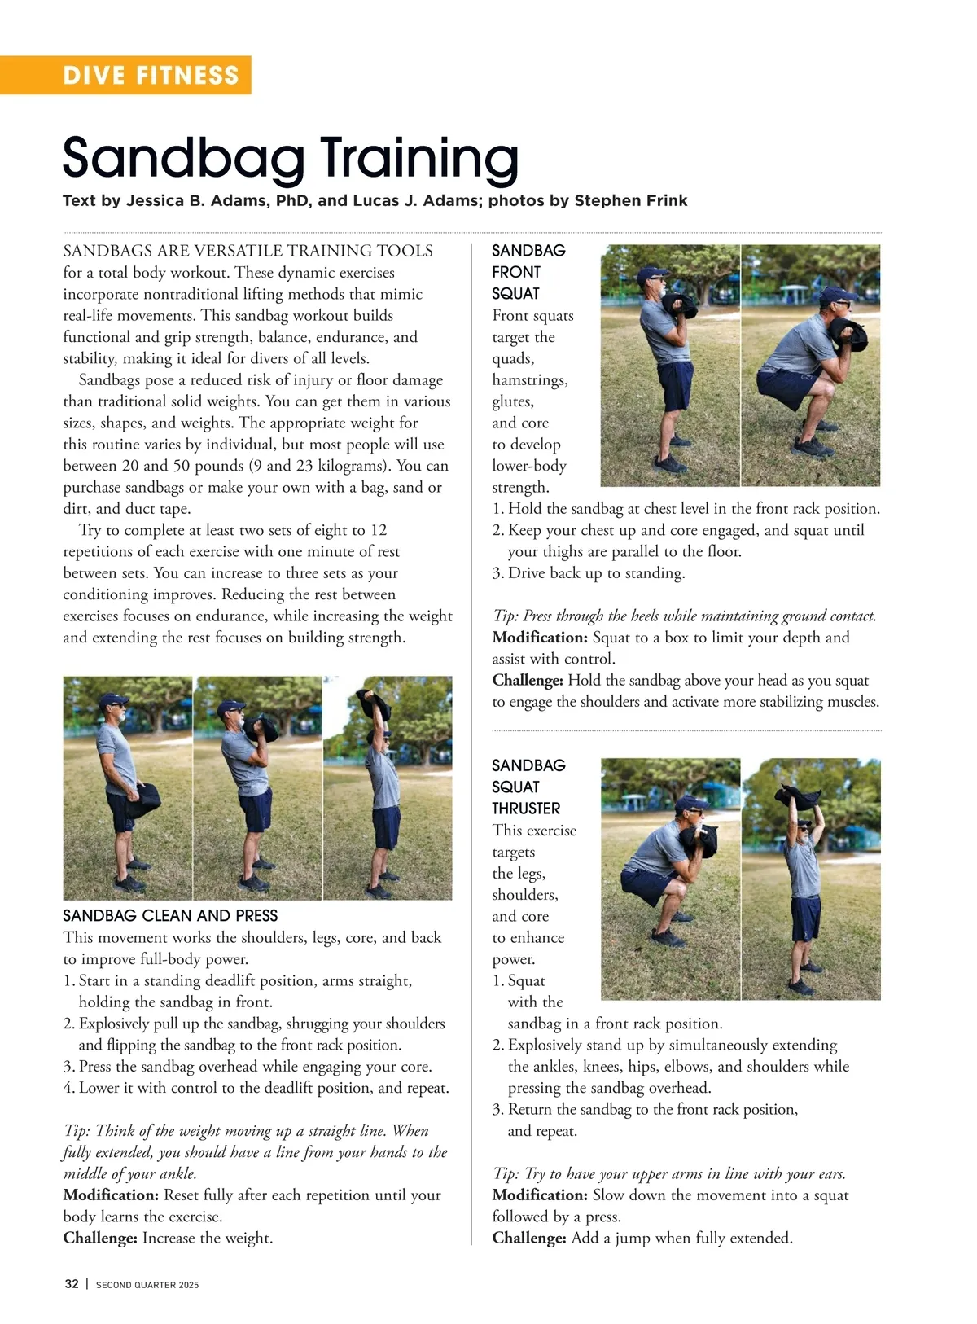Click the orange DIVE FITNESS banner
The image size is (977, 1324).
[125, 75]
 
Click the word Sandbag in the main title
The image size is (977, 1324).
[184, 158]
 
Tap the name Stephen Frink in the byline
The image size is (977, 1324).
[630, 200]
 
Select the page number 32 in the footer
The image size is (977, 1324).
[72, 1283]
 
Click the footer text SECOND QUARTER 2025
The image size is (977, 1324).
[147, 1285]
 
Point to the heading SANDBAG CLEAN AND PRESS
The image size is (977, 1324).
[170, 916]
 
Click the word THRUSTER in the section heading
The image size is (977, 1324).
[526, 809]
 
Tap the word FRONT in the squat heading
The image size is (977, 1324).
[516, 272]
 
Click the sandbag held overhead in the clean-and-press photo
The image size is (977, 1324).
[372, 705]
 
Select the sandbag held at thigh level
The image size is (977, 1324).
[143, 800]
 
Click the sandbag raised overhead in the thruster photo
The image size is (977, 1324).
[797, 797]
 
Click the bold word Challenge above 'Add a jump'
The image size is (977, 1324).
[528, 1238]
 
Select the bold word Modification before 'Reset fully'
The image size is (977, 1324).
[111, 1195]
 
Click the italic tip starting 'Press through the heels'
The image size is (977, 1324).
[685, 616]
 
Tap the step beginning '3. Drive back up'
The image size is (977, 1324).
[589, 573]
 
